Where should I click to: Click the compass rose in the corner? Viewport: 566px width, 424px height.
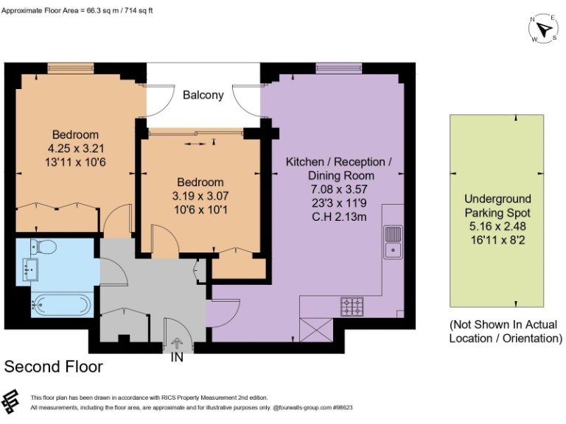(544, 28)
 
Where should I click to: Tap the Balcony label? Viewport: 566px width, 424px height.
(203, 95)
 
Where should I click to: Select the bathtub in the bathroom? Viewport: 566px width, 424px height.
(60, 304)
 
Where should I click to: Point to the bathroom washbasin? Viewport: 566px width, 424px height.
(30, 270)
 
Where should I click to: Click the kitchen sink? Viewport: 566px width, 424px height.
(392, 242)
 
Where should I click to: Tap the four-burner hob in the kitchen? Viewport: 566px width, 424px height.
(352, 306)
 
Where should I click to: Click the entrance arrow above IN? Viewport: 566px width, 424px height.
(177, 342)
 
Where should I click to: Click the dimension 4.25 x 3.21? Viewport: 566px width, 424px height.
(75, 148)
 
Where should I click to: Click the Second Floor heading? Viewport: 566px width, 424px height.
(53, 367)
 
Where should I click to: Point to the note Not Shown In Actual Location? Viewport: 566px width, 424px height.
(504, 331)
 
